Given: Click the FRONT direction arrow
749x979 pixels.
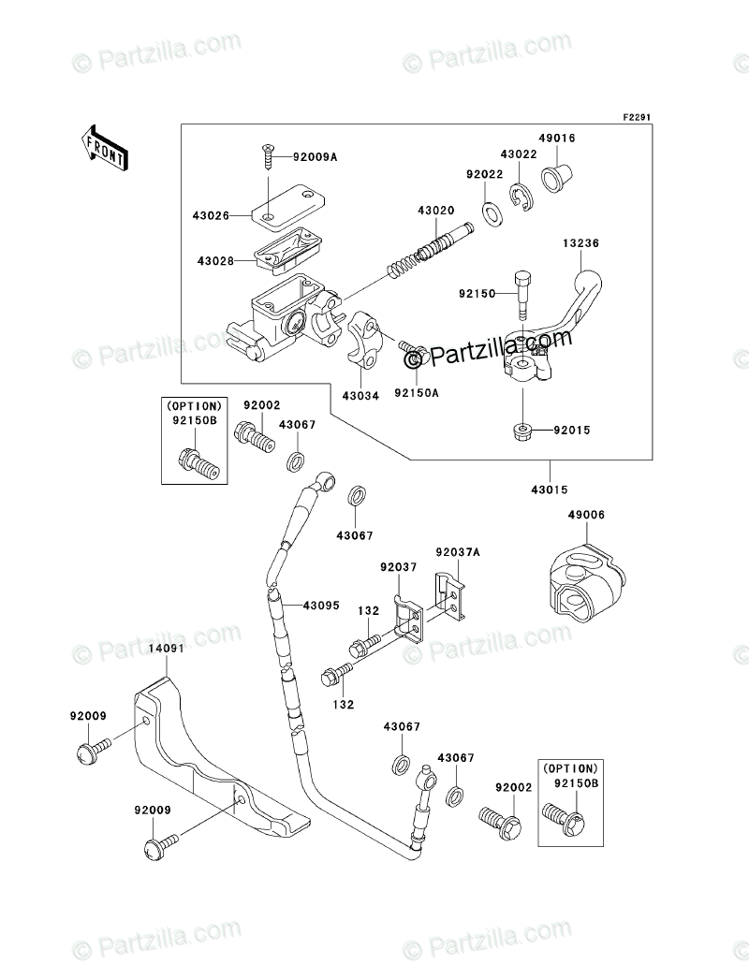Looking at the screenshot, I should point(103,147).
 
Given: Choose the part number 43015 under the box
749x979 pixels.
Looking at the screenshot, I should point(550,489).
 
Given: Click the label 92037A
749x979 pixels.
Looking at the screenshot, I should point(457,553).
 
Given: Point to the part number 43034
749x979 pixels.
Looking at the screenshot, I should point(360,396).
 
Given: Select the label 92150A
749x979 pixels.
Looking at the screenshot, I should point(417,393).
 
